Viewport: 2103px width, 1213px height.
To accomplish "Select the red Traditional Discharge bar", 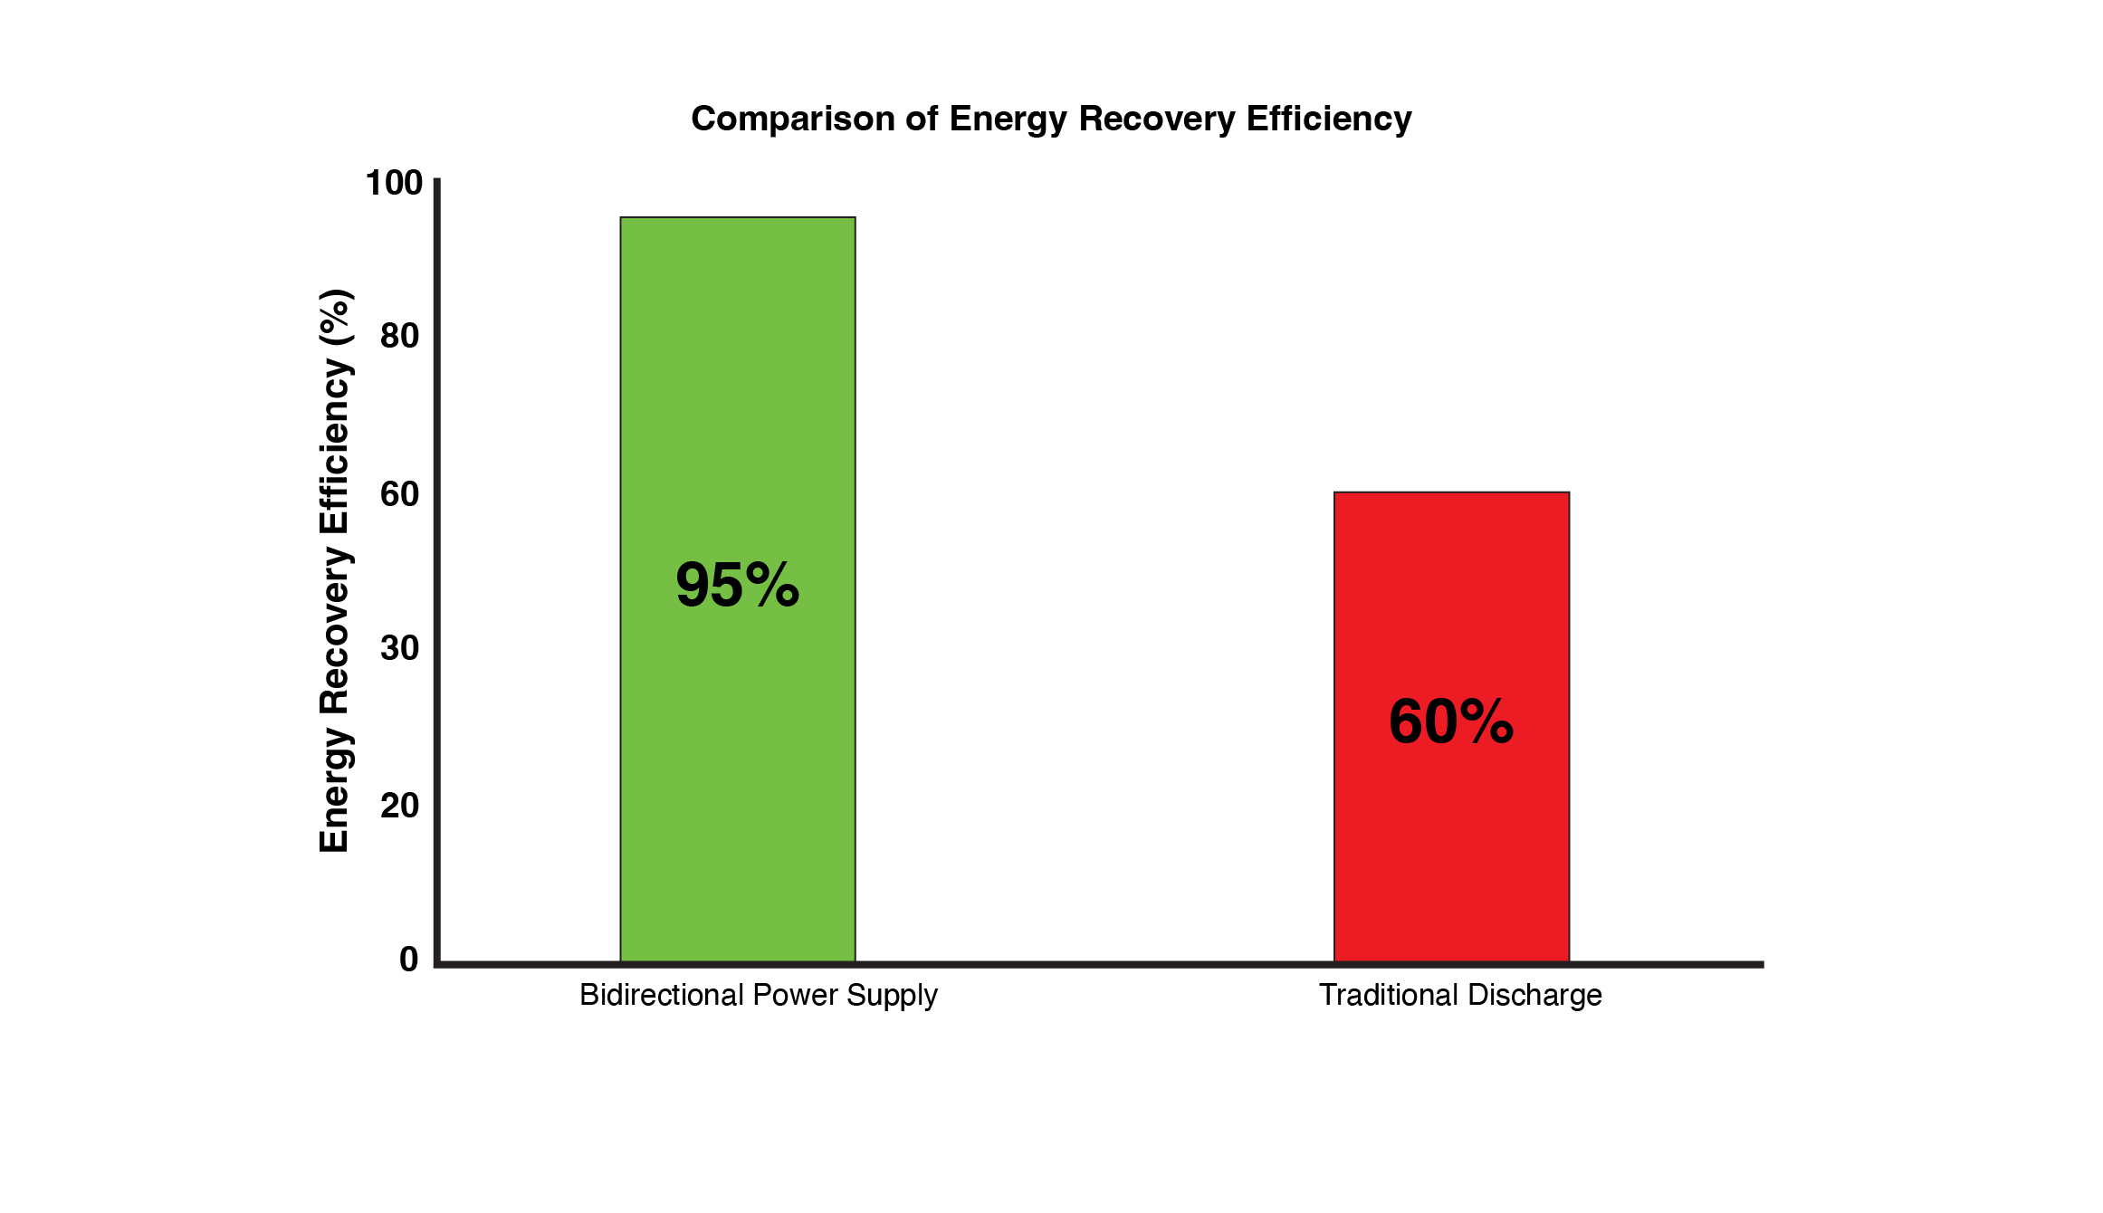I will pyautogui.click(x=1451, y=842).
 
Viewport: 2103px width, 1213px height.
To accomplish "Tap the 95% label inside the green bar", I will pyautogui.click(x=737, y=585).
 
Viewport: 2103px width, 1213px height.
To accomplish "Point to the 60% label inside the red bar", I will pyautogui.click(x=1450, y=722).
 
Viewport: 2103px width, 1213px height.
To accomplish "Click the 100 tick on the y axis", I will pyautogui.click(x=394, y=183).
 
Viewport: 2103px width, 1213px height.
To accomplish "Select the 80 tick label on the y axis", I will pyautogui.click(x=399, y=336).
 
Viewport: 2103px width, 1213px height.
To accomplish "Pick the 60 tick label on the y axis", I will pyautogui.click(x=399, y=494).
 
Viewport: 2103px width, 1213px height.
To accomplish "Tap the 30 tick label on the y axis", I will pyautogui.click(x=399, y=648).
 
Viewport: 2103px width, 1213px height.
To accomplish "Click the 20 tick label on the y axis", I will pyautogui.click(x=399, y=806).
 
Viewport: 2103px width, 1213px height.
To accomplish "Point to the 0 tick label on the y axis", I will pyautogui.click(x=409, y=960).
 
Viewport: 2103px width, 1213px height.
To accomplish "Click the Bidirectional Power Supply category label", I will pyautogui.click(x=759, y=995).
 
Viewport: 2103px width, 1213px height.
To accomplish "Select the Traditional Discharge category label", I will pyautogui.click(x=1460, y=995).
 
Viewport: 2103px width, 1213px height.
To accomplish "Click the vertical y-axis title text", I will pyautogui.click(x=334, y=570).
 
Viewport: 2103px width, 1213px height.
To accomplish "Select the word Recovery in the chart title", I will pyautogui.click(x=1156, y=119).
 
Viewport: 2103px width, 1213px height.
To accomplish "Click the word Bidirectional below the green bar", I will pyautogui.click(x=662, y=995).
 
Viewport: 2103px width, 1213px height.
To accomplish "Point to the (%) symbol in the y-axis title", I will pyautogui.click(x=334, y=318).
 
